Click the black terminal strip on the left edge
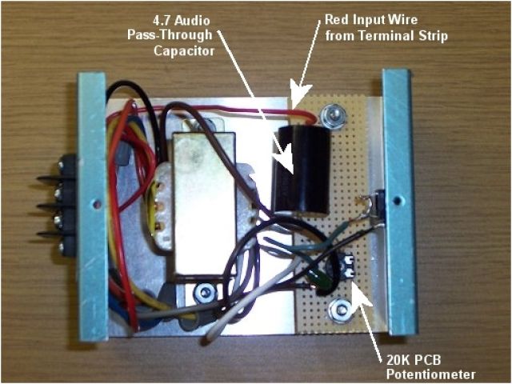tap(66, 204)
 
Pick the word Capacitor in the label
tap(185, 50)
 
